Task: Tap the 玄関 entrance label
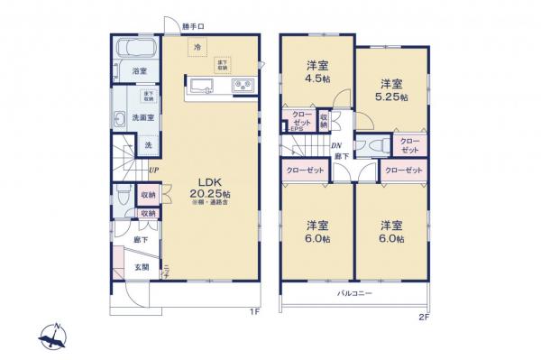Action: tap(143, 265)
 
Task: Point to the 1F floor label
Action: tap(255, 311)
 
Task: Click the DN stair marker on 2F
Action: tap(335, 147)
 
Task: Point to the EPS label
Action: tap(296, 129)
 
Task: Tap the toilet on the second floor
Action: tap(378, 144)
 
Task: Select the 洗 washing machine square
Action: tap(148, 144)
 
